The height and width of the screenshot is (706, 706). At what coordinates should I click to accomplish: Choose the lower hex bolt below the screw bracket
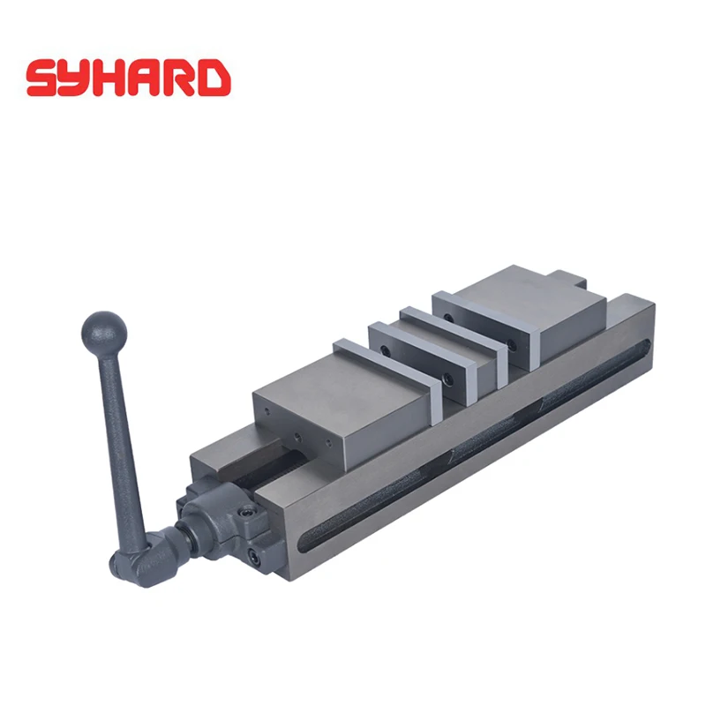[254, 557]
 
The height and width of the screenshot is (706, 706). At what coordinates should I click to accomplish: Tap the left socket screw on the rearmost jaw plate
[449, 316]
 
